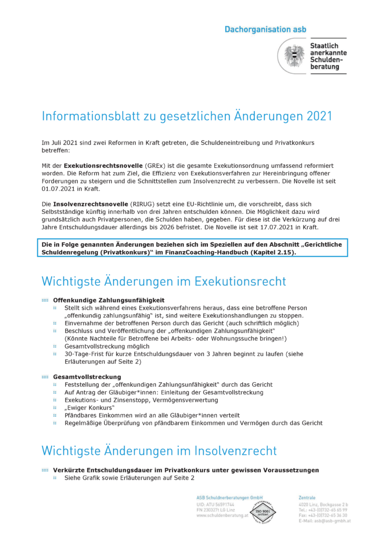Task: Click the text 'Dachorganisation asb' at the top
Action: tap(265, 29)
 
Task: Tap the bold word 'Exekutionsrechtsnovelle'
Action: tap(101, 166)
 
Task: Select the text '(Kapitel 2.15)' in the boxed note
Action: tap(272, 253)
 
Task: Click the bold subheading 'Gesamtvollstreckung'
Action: tap(87, 377)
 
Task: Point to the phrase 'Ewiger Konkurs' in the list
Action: tap(89, 408)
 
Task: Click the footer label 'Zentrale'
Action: tap(307, 497)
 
